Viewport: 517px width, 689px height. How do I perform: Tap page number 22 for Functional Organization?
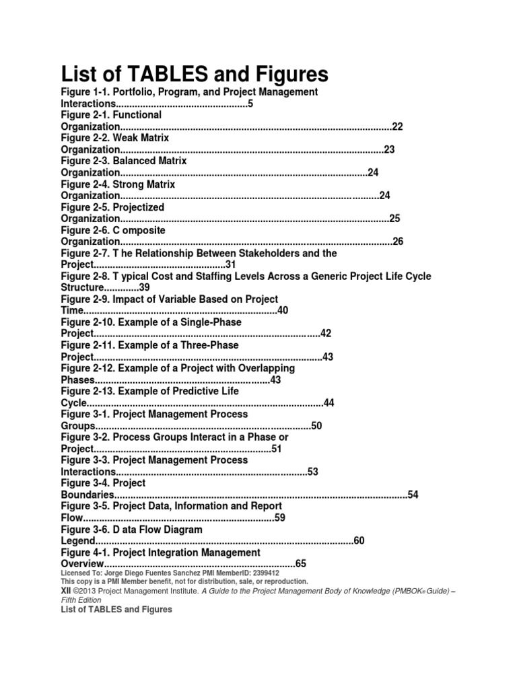pos(397,126)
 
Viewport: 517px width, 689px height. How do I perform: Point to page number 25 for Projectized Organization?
pos(394,219)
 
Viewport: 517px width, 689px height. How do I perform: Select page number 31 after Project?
pos(230,264)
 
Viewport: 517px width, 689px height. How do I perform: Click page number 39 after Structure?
pos(144,288)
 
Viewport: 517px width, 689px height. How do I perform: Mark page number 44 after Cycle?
pos(329,402)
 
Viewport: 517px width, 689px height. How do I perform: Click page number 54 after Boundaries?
pos(413,495)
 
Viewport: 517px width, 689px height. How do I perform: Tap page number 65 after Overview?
pos(300,564)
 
